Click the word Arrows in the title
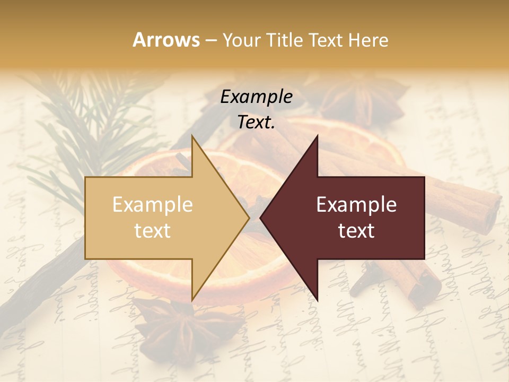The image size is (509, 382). tap(166, 40)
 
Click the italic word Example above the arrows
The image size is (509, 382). tap(256, 97)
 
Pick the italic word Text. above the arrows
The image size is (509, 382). tap(256, 122)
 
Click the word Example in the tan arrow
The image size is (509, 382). tap(153, 204)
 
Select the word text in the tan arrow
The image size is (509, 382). tap(153, 230)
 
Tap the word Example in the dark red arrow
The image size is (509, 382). tap(356, 204)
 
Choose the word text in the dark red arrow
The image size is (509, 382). tap(356, 230)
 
